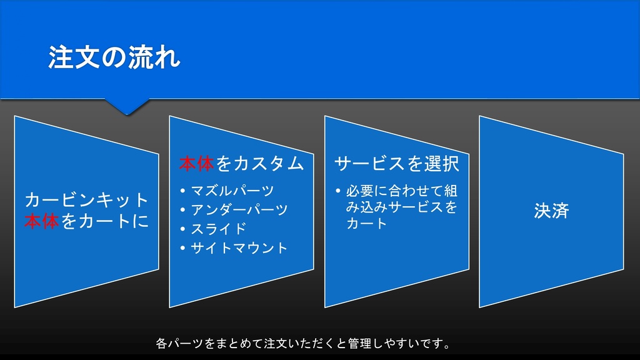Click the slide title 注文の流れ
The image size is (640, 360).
point(114,57)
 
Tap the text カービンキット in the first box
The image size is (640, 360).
point(87,200)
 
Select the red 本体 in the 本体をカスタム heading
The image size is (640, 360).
point(196,164)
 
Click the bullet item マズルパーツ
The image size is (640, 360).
point(232,190)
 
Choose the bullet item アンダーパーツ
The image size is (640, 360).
point(239,209)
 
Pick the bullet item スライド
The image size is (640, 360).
point(219,229)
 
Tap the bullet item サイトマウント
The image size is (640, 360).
point(239,248)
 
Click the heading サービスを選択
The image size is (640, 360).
point(397,164)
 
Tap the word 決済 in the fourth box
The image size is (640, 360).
point(551,211)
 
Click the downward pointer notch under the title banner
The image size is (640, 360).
point(127,107)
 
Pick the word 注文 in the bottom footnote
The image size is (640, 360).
point(276,343)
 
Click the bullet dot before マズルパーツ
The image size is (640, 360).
point(182,191)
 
